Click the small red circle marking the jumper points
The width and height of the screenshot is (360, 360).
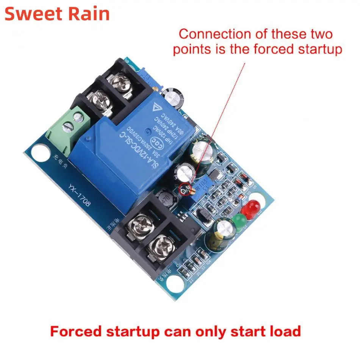185,188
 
